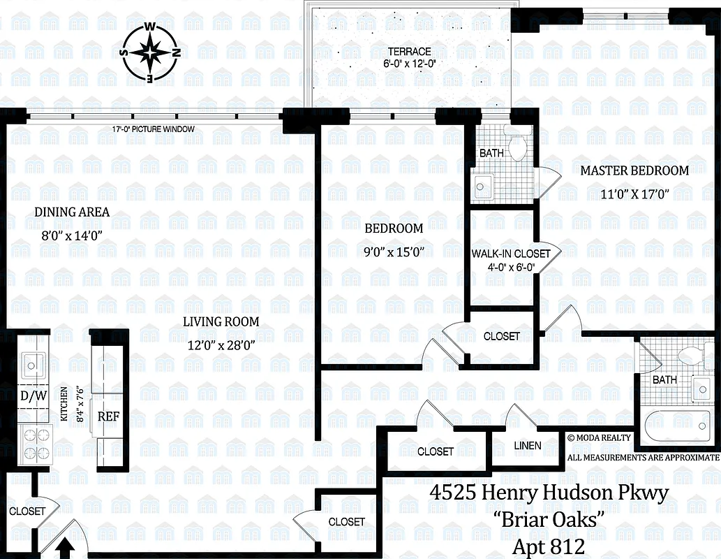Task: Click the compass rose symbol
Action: (x=150, y=52)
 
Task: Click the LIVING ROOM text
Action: (x=221, y=322)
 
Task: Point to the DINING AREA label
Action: (x=73, y=212)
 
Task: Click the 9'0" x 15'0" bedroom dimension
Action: (x=394, y=252)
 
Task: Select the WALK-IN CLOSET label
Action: (x=511, y=254)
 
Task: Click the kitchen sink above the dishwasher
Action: (x=32, y=363)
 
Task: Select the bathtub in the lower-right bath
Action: (x=676, y=424)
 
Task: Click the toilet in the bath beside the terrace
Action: (x=517, y=146)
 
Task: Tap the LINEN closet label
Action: (x=527, y=445)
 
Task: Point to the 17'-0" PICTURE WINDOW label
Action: (x=154, y=129)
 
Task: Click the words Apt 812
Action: (x=548, y=546)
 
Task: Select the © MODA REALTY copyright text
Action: (x=599, y=437)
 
